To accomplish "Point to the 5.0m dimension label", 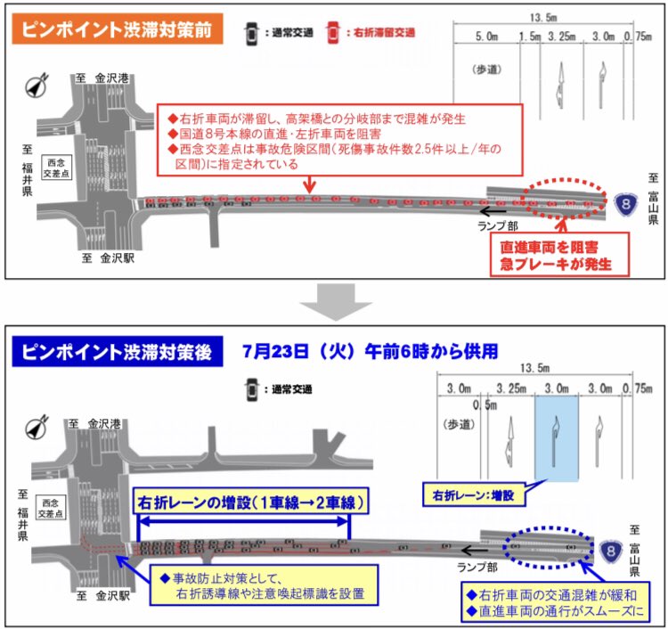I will tap(486, 36).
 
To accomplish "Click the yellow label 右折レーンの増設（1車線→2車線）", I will tap(250, 502).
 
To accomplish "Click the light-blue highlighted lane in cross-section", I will tap(556, 437).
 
